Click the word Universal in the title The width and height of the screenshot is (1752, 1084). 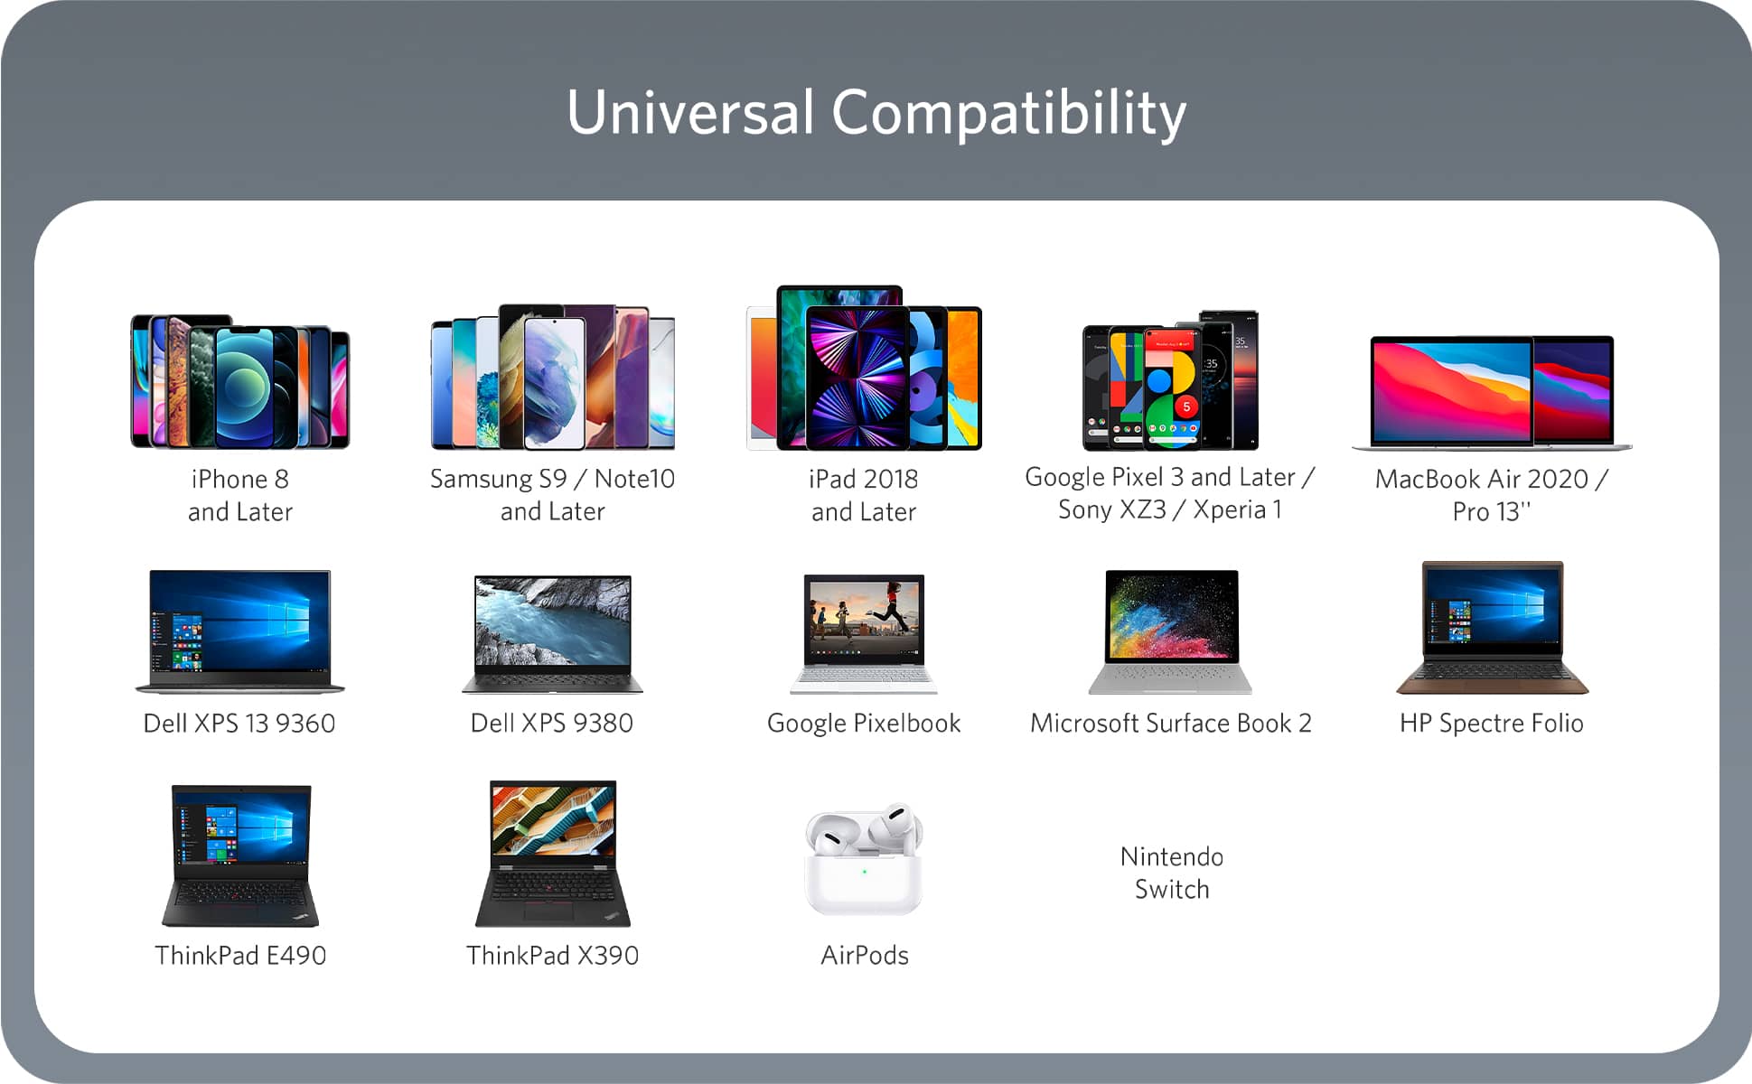(690, 113)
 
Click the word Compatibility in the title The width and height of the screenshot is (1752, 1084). (1008, 115)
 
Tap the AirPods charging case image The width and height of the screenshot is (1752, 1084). (864, 859)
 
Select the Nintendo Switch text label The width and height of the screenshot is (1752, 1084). (1172, 873)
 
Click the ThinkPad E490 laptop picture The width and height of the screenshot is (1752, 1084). (240, 855)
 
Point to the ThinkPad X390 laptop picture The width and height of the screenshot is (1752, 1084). (553, 854)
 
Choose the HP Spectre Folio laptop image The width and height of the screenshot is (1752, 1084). (1492, 628)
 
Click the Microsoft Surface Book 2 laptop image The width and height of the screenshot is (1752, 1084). (1171, 631)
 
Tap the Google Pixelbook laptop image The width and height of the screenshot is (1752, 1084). (864, 633)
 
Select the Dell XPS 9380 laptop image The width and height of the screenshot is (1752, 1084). (553, 634)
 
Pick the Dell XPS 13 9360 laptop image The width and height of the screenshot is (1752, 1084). (240, 631)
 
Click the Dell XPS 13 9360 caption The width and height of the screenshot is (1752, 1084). (239, 724)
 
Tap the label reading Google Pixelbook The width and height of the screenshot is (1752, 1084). (864, 724)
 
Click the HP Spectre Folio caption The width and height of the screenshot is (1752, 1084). (1492, 724)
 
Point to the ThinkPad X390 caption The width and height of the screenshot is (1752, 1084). (553, 956)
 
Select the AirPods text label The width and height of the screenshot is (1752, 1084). (865, 956)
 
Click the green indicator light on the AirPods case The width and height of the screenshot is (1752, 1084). (865, 872)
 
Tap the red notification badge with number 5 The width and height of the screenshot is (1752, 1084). (1186, 407)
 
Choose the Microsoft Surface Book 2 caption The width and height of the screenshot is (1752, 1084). (1171, 724)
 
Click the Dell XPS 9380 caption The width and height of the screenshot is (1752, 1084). (552, 724)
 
